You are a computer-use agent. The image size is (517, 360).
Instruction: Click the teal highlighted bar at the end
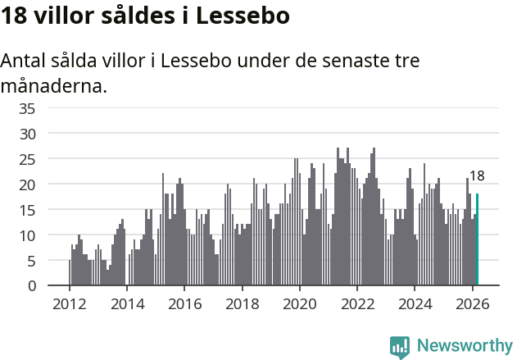pos(477,239)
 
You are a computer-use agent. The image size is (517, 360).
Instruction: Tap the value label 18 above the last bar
pos(477,175)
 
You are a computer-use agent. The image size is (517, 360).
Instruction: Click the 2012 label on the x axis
pos(69,303)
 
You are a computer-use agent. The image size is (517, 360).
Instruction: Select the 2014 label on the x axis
pos(126,303)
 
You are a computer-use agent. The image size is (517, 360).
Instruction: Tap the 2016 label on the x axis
pos(184,303)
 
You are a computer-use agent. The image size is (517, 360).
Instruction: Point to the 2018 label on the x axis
pos(242,303)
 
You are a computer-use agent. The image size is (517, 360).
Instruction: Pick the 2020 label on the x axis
pos(299,303)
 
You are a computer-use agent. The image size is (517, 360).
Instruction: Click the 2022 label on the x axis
pos(357,303)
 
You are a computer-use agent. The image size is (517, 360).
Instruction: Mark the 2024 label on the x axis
pos(415,303)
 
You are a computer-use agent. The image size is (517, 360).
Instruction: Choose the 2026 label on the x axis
pos(472,303)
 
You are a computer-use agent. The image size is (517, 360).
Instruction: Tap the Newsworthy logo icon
pos(400,347)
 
